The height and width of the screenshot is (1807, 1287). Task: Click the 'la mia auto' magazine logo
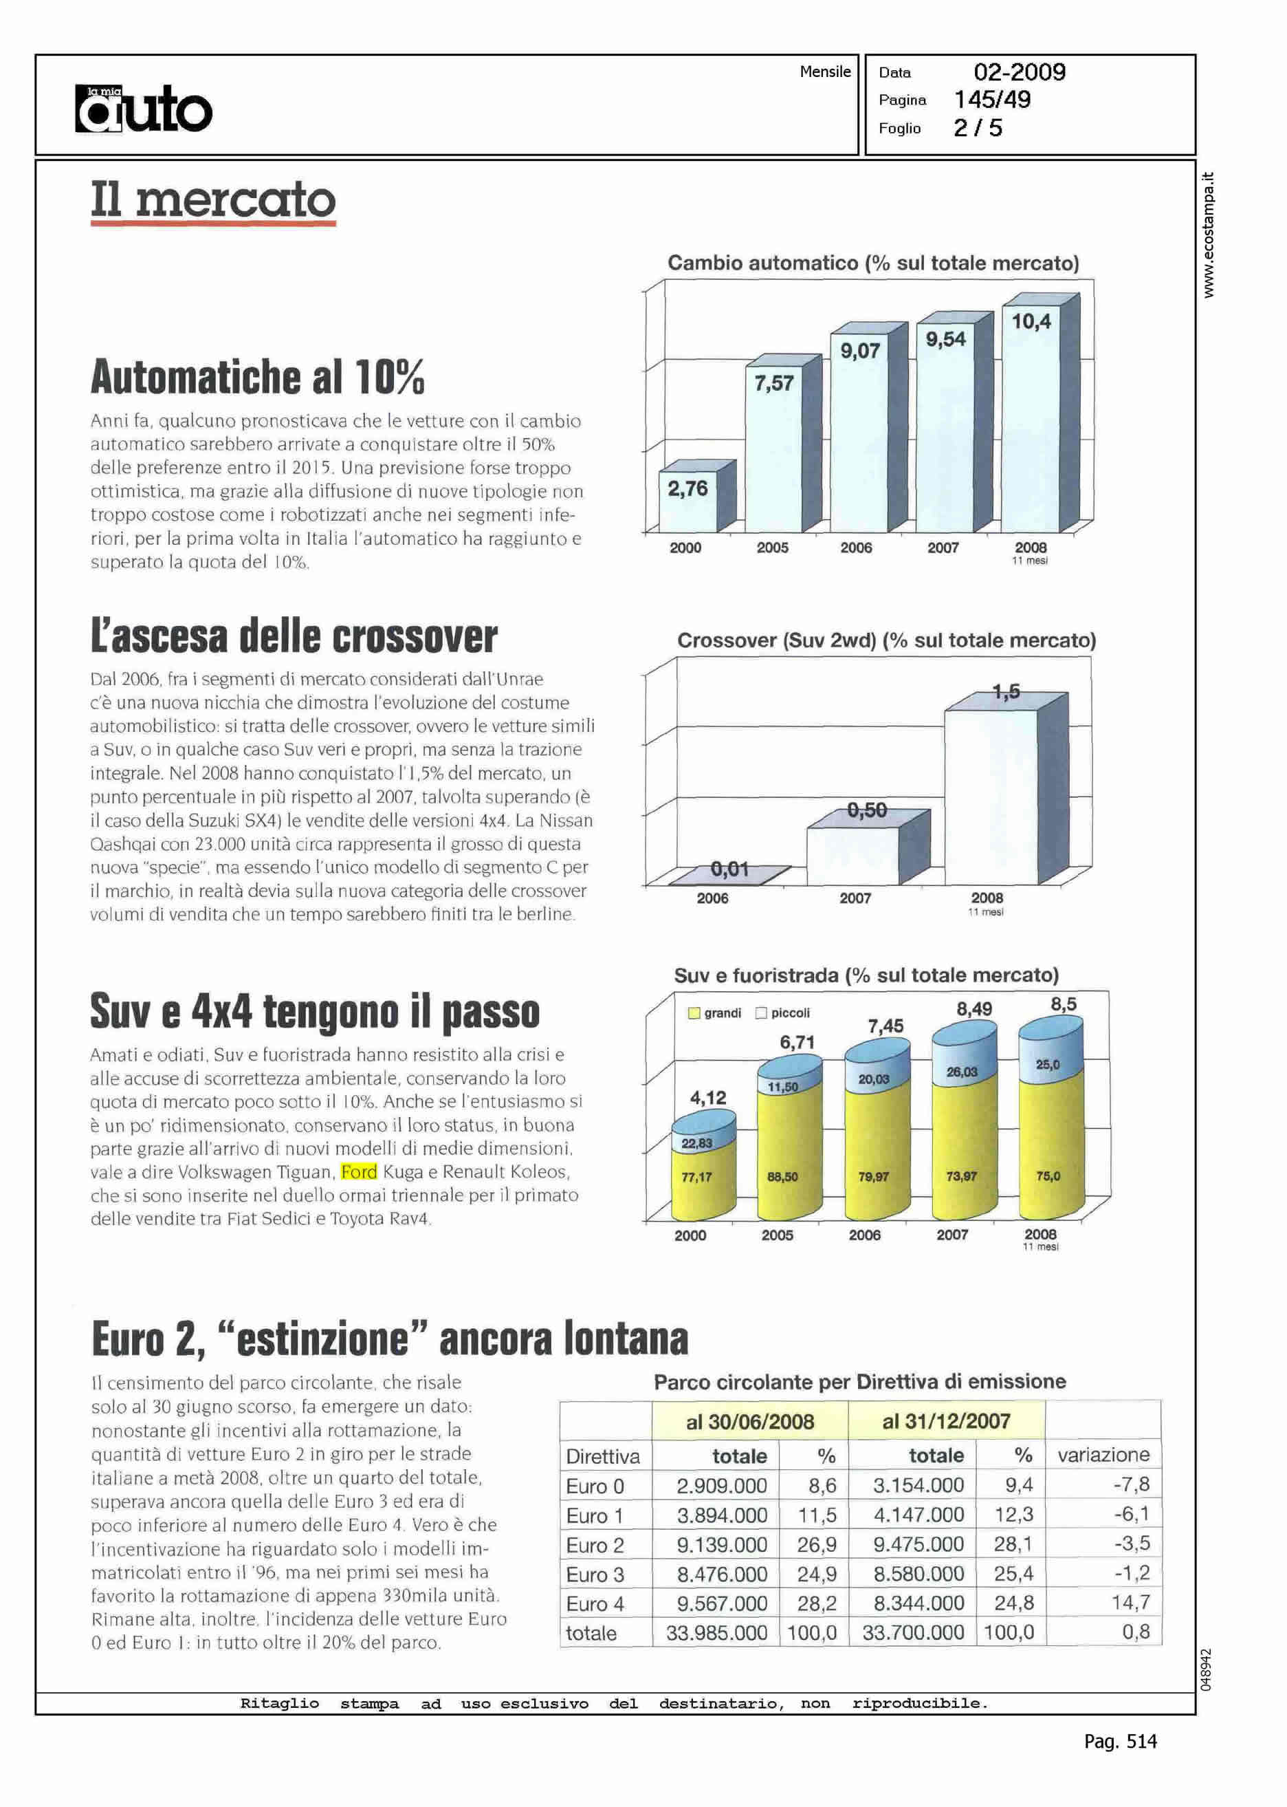(x=144, y=109)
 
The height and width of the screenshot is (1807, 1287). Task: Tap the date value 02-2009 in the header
(x=1019, y=72)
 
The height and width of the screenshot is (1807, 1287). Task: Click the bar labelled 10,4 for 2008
(x=1031, y=420)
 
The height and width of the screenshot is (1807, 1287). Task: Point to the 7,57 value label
(x=773, y=384)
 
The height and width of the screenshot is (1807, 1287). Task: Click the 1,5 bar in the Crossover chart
(x=991, y=793)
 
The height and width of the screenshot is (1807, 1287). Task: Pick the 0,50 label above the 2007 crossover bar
(x=867, y=810)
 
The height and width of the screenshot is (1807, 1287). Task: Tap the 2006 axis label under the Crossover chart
(x=712, y=898)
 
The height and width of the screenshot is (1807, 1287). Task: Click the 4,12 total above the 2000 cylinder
(x=707, y=1097)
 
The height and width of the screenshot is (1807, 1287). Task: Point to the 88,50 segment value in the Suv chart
(x=782, y=1177)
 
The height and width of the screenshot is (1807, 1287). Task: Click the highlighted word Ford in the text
(x=359, y=1172)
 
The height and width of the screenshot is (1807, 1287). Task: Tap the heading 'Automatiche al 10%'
(x=258, y=377)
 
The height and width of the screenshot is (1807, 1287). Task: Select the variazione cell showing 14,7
(x=1130, y=1603)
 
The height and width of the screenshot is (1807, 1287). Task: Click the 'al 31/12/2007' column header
(x=946, y=1421)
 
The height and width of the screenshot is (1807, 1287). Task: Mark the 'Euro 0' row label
(x=595, y=1486)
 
